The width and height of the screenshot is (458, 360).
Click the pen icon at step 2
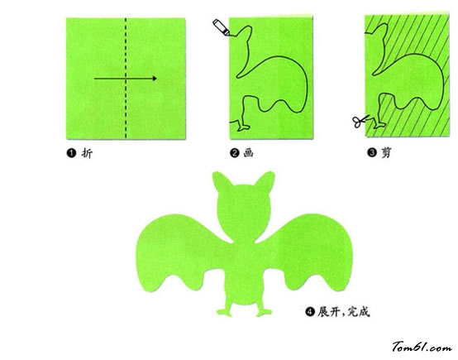222,27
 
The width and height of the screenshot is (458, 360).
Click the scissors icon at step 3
360,121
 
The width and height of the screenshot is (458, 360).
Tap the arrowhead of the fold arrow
155,79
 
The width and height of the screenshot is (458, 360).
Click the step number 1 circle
71,153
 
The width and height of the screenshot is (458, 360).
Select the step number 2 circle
235,153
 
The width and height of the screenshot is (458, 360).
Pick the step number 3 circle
372,152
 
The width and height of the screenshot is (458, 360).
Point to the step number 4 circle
310,312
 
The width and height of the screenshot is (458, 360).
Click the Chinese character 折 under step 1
87,153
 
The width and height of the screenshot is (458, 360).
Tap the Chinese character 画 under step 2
248,153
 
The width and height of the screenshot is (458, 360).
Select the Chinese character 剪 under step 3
386,152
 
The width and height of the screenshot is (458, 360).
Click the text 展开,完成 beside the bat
344,312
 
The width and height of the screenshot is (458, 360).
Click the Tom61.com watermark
422,347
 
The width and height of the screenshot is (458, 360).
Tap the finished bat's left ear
222,181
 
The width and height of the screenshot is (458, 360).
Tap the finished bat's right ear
265,181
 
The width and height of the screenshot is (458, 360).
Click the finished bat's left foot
224,312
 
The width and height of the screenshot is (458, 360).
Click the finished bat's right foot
264,312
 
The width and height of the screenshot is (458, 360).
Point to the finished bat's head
244,210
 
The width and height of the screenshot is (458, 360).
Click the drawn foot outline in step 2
242,126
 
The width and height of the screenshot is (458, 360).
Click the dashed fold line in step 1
126,78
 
